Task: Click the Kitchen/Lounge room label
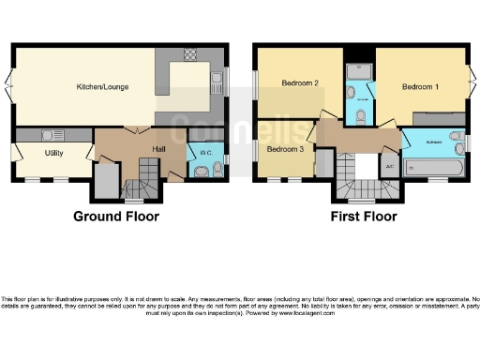(102, 87)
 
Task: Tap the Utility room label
(53, 153)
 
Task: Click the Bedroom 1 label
(420, 87)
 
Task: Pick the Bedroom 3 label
(285, 149)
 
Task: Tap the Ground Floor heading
(116, 217)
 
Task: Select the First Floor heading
(364, 217)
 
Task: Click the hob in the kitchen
(190, 53)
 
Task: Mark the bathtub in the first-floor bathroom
(432, 170)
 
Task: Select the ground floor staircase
(148, 174)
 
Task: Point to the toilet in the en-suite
(361, 115)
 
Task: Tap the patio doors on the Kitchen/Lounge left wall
(10, 86)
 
